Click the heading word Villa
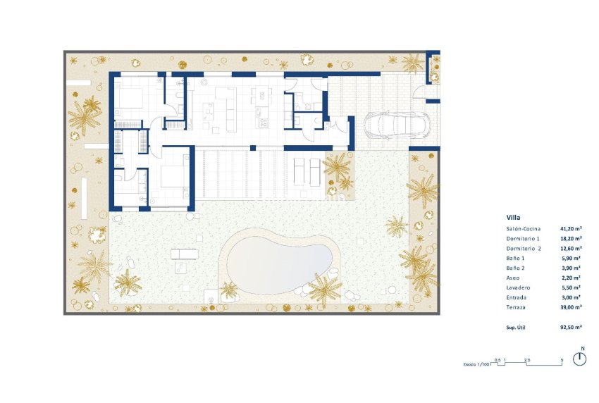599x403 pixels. (x=513, y=218)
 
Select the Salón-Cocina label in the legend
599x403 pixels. (x=523, y=229)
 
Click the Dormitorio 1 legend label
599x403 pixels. (x=523, y=239)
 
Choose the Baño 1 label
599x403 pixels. (x=515, y=259)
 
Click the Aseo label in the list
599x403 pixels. (x=513, y=278)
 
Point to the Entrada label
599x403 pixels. (x=516, y=298)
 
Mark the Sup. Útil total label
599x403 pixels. (x=517, y=328)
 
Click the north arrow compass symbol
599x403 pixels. (x=579, y=358)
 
